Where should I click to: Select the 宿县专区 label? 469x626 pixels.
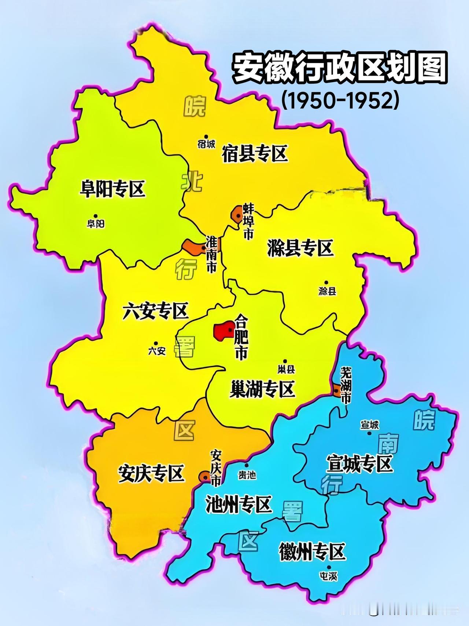tap(255, 154)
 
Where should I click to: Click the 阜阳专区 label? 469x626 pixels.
tap(112, 189)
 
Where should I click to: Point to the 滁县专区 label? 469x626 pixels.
tap(300, 248)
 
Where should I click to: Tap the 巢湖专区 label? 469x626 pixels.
tap(262, 389)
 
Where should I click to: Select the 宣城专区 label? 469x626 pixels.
tap(359, 464)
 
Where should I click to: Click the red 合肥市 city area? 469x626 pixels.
tap(224, 331)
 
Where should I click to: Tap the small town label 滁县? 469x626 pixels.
tap(327, 292)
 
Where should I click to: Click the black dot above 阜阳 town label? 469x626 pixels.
tap(96, 216)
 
